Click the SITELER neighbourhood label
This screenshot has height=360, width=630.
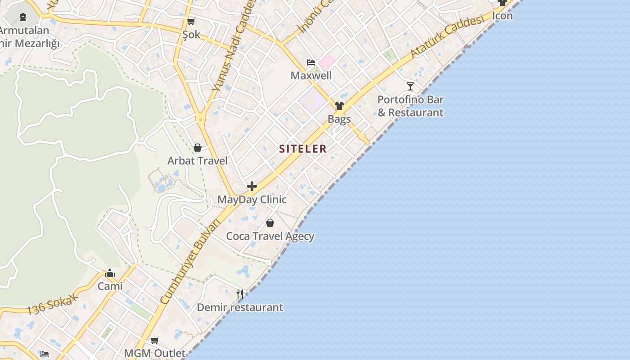[x=303, y=149]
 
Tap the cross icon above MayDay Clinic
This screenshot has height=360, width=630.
[x=252, y=186]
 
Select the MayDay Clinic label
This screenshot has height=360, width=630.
[x=252, y=199]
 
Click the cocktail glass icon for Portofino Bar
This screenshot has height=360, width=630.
[x=410, y=86]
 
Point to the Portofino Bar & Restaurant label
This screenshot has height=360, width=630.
[x=410, y=106]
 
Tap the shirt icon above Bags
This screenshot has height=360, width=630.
[x=339, y=106]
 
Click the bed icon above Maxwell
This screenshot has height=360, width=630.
[x=311, y=62]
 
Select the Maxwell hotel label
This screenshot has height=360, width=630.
[x=311, y=76]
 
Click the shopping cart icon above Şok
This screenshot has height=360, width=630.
[x=191, y=21]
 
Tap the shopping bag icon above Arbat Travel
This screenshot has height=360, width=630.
[x=197, y=148]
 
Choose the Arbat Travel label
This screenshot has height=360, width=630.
[x=197, y=161]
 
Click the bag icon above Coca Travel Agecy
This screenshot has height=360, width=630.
[x=270, y=223]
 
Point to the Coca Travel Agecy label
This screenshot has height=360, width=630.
[x=270, y=236]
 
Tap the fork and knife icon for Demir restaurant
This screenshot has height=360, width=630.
[x=240, y=294]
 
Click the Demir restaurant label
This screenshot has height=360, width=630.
[x=240, y=308]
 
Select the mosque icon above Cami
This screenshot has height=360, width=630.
[x=110, y=273]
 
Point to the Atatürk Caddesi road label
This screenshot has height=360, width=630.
[x=447, y=36]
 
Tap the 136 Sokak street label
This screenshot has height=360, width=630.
[x=53, y=305]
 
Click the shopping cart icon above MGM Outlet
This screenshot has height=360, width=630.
[x=155, y=340]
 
